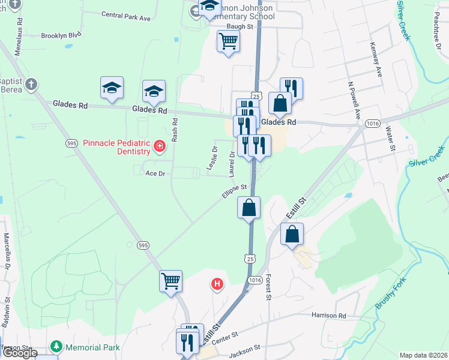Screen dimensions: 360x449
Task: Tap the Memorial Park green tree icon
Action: point(56,346)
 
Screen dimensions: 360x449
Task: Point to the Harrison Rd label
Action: point(329,315)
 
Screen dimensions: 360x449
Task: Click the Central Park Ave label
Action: point(126,16)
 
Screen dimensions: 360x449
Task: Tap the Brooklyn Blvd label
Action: point(61,36)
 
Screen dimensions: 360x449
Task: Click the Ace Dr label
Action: point(155,173)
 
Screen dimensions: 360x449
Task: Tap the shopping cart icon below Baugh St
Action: point(228,41)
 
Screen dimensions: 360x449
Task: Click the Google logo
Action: point(20,353)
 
